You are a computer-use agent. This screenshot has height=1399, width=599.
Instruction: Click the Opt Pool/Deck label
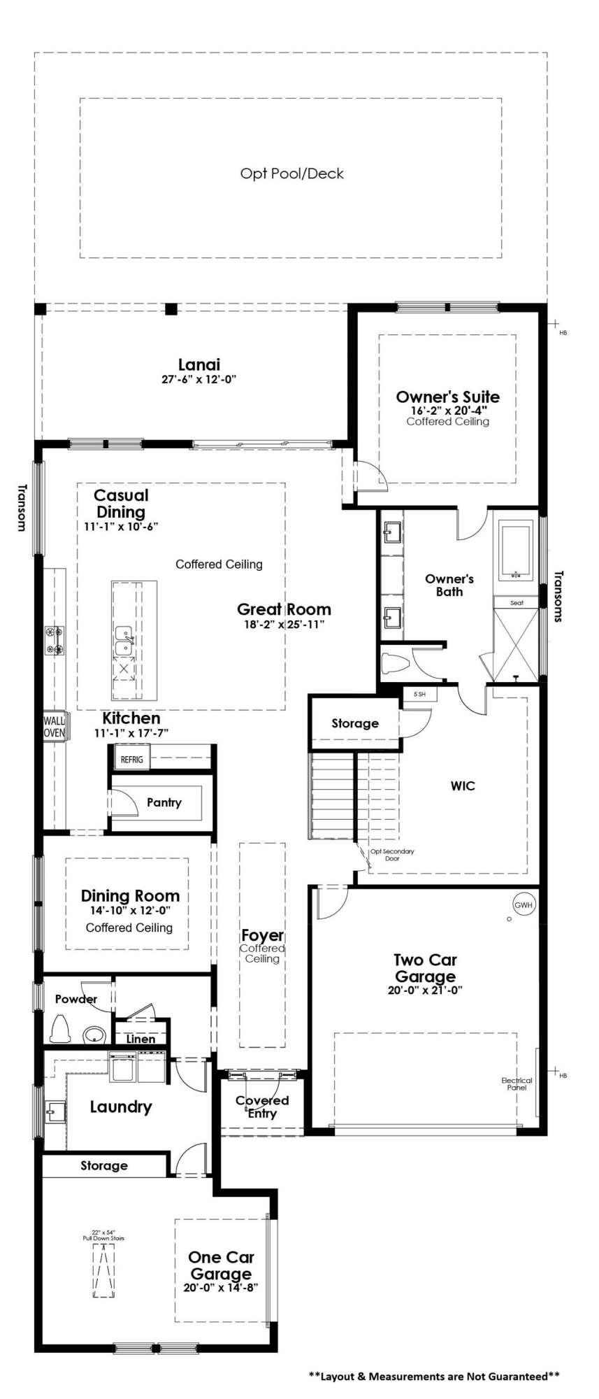click(x=292, y=173)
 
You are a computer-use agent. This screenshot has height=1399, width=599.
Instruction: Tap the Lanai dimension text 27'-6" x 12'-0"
click(x=199, y=380)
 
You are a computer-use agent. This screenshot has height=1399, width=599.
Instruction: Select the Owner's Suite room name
click(x=448, y=397)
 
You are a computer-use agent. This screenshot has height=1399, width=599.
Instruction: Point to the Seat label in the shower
click(x=517, y=603)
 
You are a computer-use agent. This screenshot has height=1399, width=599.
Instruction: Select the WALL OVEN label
click(x=55, y=727)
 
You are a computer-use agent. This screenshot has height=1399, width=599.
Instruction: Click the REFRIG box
click(x=131, y=760)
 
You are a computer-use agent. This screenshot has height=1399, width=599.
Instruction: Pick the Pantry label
click(x=164, y=802)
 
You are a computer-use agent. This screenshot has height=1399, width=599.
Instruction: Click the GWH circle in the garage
click(x=524, y=904)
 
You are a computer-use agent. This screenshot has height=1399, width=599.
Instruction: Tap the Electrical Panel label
click(x=517, y=1084)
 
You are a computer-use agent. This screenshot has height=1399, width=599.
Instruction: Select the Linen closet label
click(x=140, y=1039)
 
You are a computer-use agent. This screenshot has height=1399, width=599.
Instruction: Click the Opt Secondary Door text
click(x=392, y=855)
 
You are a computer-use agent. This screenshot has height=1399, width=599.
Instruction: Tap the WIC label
click(x=463, y=786)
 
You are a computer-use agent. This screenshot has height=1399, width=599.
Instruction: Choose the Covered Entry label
click(x=262, y=1107)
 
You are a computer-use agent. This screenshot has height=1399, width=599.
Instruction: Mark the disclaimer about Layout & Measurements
click(x=434, y=1376)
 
